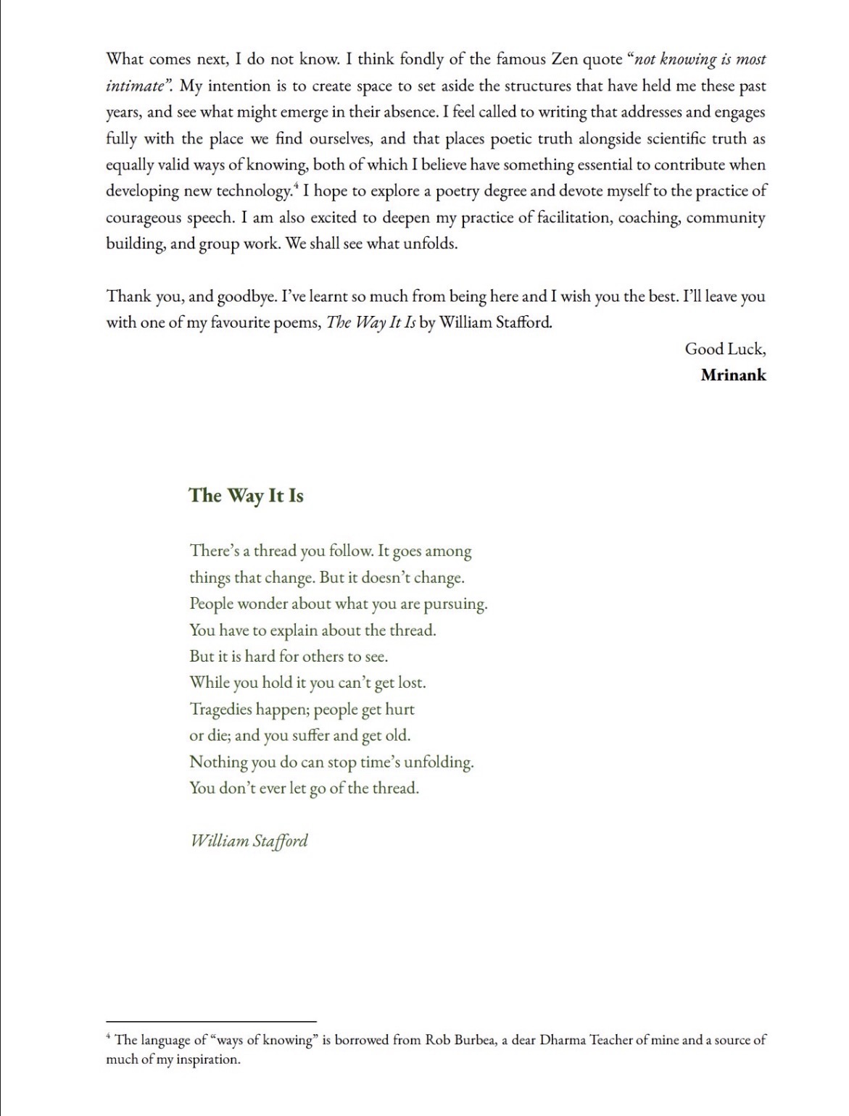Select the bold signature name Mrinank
tap(733, 375)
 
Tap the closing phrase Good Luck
tap(724, 349)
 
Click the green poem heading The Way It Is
tap(246, 496)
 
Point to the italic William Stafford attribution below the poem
tap(249, 841)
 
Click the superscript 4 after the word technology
tap(296, 187)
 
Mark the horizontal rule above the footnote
tap(211, 1021)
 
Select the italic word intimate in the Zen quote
tap(135, 86)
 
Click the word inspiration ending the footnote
tap(208, 1059)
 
